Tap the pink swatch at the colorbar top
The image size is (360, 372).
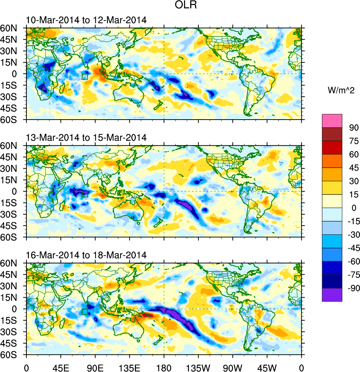(x=332, y=121)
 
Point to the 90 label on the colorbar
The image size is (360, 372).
(x=354, y=128)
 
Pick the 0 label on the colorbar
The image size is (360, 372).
(x=354, y=208)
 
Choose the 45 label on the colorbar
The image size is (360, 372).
(x=354, y=168)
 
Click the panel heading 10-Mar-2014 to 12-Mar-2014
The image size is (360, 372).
(x=86, y=20)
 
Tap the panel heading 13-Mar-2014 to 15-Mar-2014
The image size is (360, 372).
(x=86, y=138)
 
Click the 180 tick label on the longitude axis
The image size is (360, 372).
(x=164, y=367)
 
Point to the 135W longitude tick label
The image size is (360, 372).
(x=198, y=367)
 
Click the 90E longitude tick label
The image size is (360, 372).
(x=95, y=367)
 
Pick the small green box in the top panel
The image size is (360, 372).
(x=84, y=76)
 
